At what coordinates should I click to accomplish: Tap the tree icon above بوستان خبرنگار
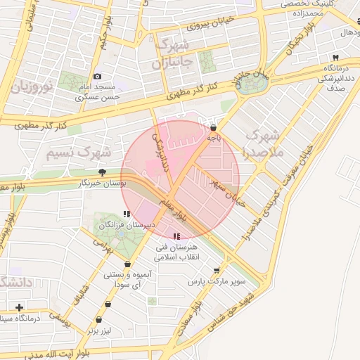pos(103,172)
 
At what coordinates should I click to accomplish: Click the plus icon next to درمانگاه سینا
pos(19,307)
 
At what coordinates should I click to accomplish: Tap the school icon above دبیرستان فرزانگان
pos(127,214)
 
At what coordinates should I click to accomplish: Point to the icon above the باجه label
pos(213,127)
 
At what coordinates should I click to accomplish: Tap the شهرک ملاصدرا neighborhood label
pos(264,143)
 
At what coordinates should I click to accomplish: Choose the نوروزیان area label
pos(32,88)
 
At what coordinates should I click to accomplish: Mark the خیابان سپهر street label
pos(224,188)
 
